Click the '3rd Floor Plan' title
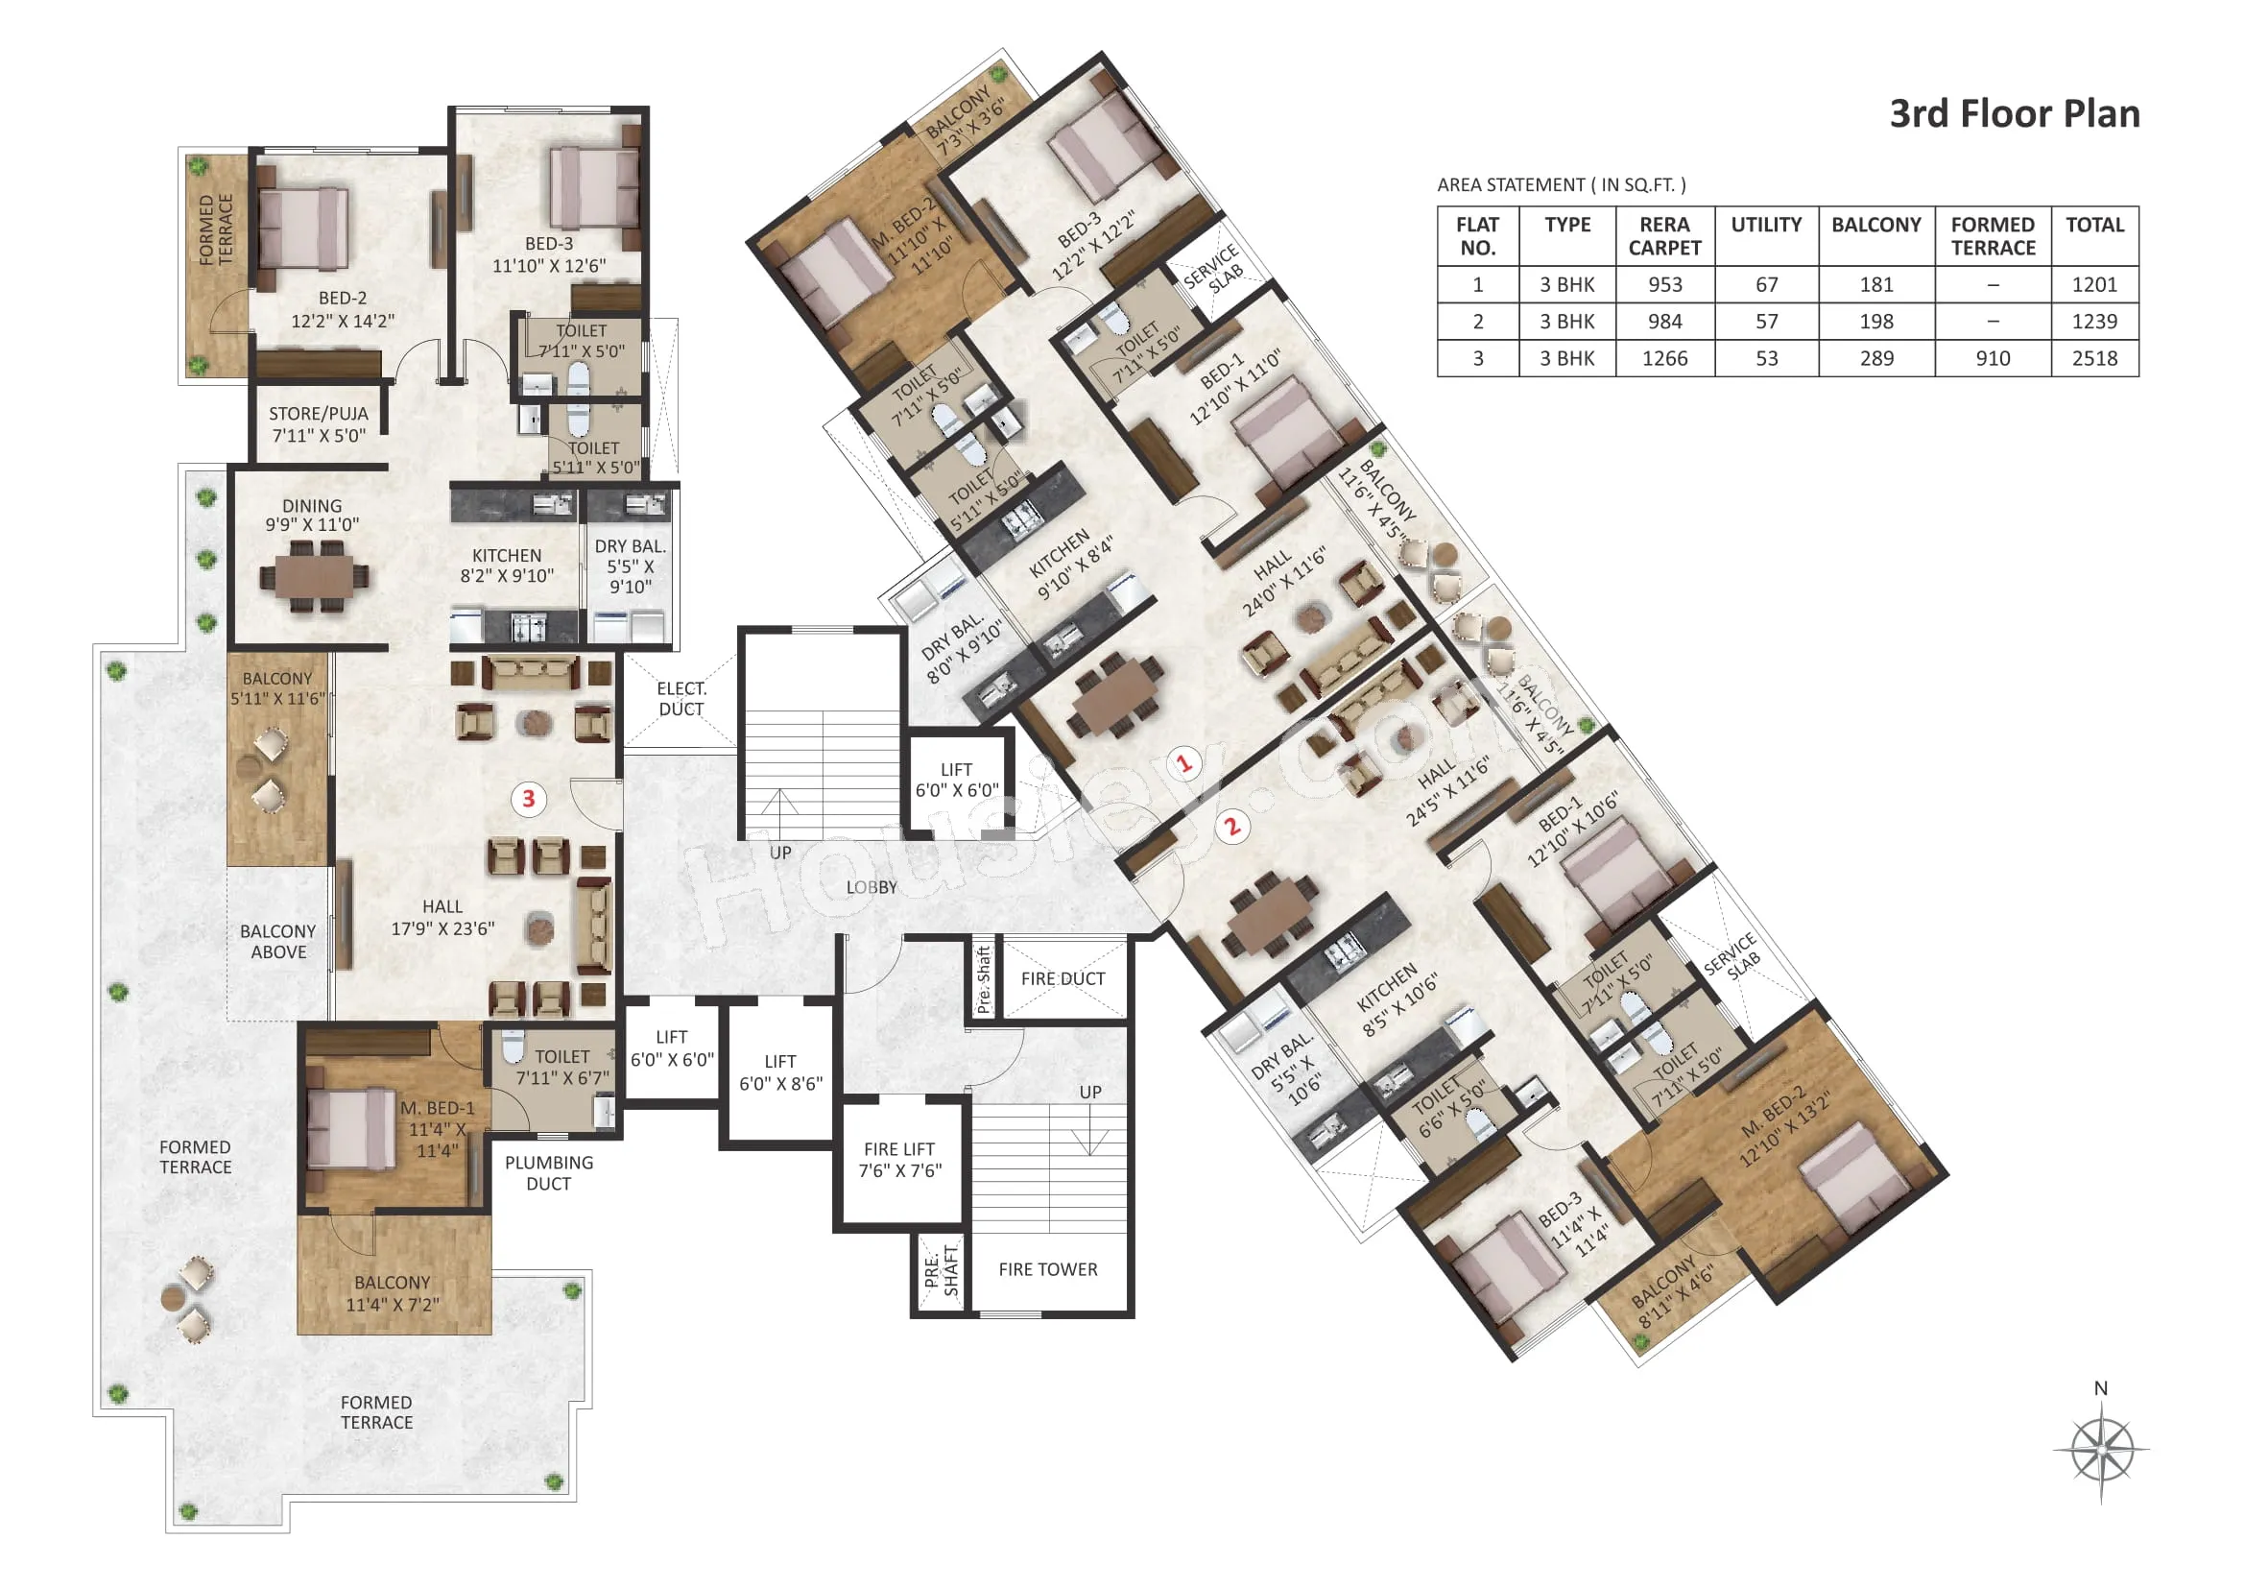[2015, 113]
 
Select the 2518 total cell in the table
[2094, 358]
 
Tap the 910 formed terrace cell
[1993, 358]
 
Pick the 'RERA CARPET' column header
[1664, 235]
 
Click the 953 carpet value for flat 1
[1664, 284]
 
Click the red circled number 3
[529, 799]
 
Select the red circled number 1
[1185, 762]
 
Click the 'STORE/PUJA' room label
[319, 414]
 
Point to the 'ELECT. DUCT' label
[681, 698]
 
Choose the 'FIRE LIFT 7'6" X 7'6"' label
[899, 1160]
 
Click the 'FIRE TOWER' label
[1048, 1269]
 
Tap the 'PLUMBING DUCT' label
[549, 1172]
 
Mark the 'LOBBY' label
[872, 887]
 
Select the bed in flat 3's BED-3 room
[594, 189]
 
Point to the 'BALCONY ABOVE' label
[278, 942]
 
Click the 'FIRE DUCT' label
[1063, 978]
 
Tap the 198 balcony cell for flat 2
[1876, 321]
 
